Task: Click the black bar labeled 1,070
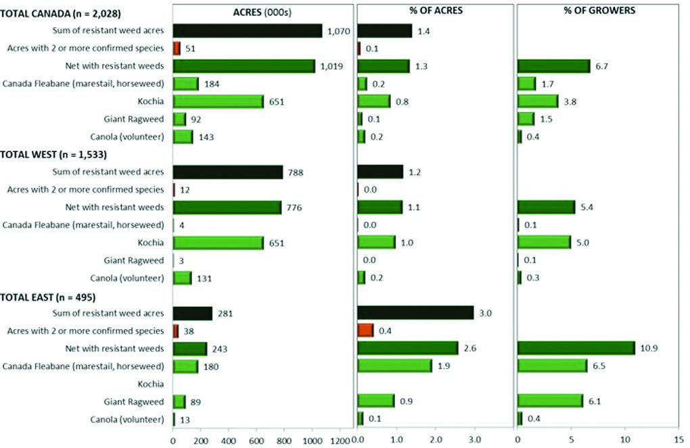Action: pos(248,30)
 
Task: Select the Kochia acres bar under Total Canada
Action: pos(218,101)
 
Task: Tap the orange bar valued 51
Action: pos(177,48)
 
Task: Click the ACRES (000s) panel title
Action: pos(263,11)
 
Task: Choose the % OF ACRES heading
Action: pos(435,11)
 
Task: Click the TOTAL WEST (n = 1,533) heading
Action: pos(53,154)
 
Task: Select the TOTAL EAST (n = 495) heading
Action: pos(48,296)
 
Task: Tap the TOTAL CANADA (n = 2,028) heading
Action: pos(57,12)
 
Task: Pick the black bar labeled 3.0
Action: pos(415,313)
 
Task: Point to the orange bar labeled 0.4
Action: pos(365,330)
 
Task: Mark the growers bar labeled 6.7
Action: pos(554,66)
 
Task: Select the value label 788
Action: pos(296,172)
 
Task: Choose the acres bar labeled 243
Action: pos(190,349)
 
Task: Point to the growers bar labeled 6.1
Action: pos(550,401)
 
